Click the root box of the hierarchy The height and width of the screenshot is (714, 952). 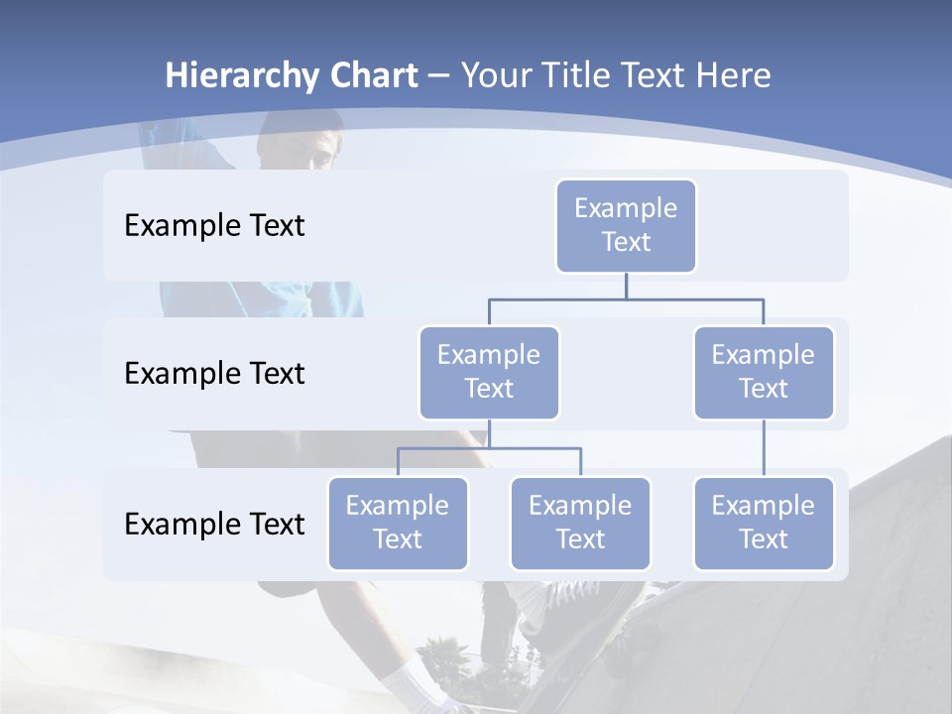[626, 226]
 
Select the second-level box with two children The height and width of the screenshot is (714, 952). [489, 373]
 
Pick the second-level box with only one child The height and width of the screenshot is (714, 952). [764, 373]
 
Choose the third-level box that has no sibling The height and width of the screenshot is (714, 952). [764, 524]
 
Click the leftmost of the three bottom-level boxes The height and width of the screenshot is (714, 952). [398, 524]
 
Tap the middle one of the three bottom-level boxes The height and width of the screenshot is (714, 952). [580, 524]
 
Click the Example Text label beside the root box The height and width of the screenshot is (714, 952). [214, 226]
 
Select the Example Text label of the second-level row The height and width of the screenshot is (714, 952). [214, 374]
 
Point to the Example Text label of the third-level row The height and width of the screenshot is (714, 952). [214, 524]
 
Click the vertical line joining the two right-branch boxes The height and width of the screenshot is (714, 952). [764, 448]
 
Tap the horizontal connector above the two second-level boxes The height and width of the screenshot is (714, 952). [626, 298]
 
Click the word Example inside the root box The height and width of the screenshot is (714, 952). [626, 209]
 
